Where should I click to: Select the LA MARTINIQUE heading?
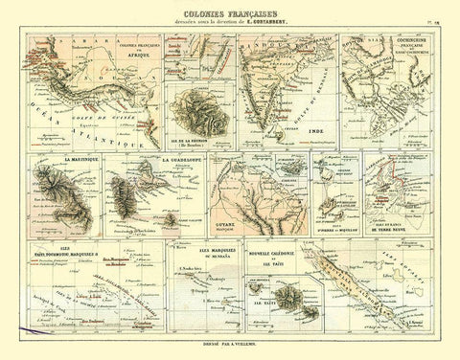tap(83, 156)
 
